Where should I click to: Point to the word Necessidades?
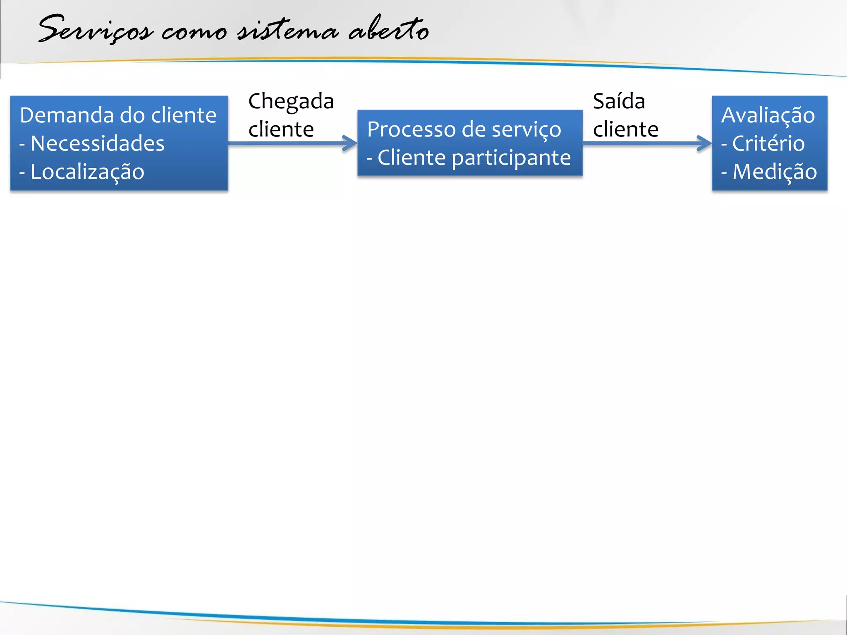[x=98, y=143]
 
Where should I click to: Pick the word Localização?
[x=87, y=172]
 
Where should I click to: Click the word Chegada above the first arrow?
[x=291, y=102]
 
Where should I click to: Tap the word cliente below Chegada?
[x=281, y=129]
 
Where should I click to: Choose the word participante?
[x=511, y=158]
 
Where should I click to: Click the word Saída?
[x=619, y=101]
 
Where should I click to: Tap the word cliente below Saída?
[x=625, y=129]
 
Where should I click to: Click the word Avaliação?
[x=768, y=115]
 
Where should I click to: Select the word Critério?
[x=768, y=143]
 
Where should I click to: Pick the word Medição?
[x=775, y=172]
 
